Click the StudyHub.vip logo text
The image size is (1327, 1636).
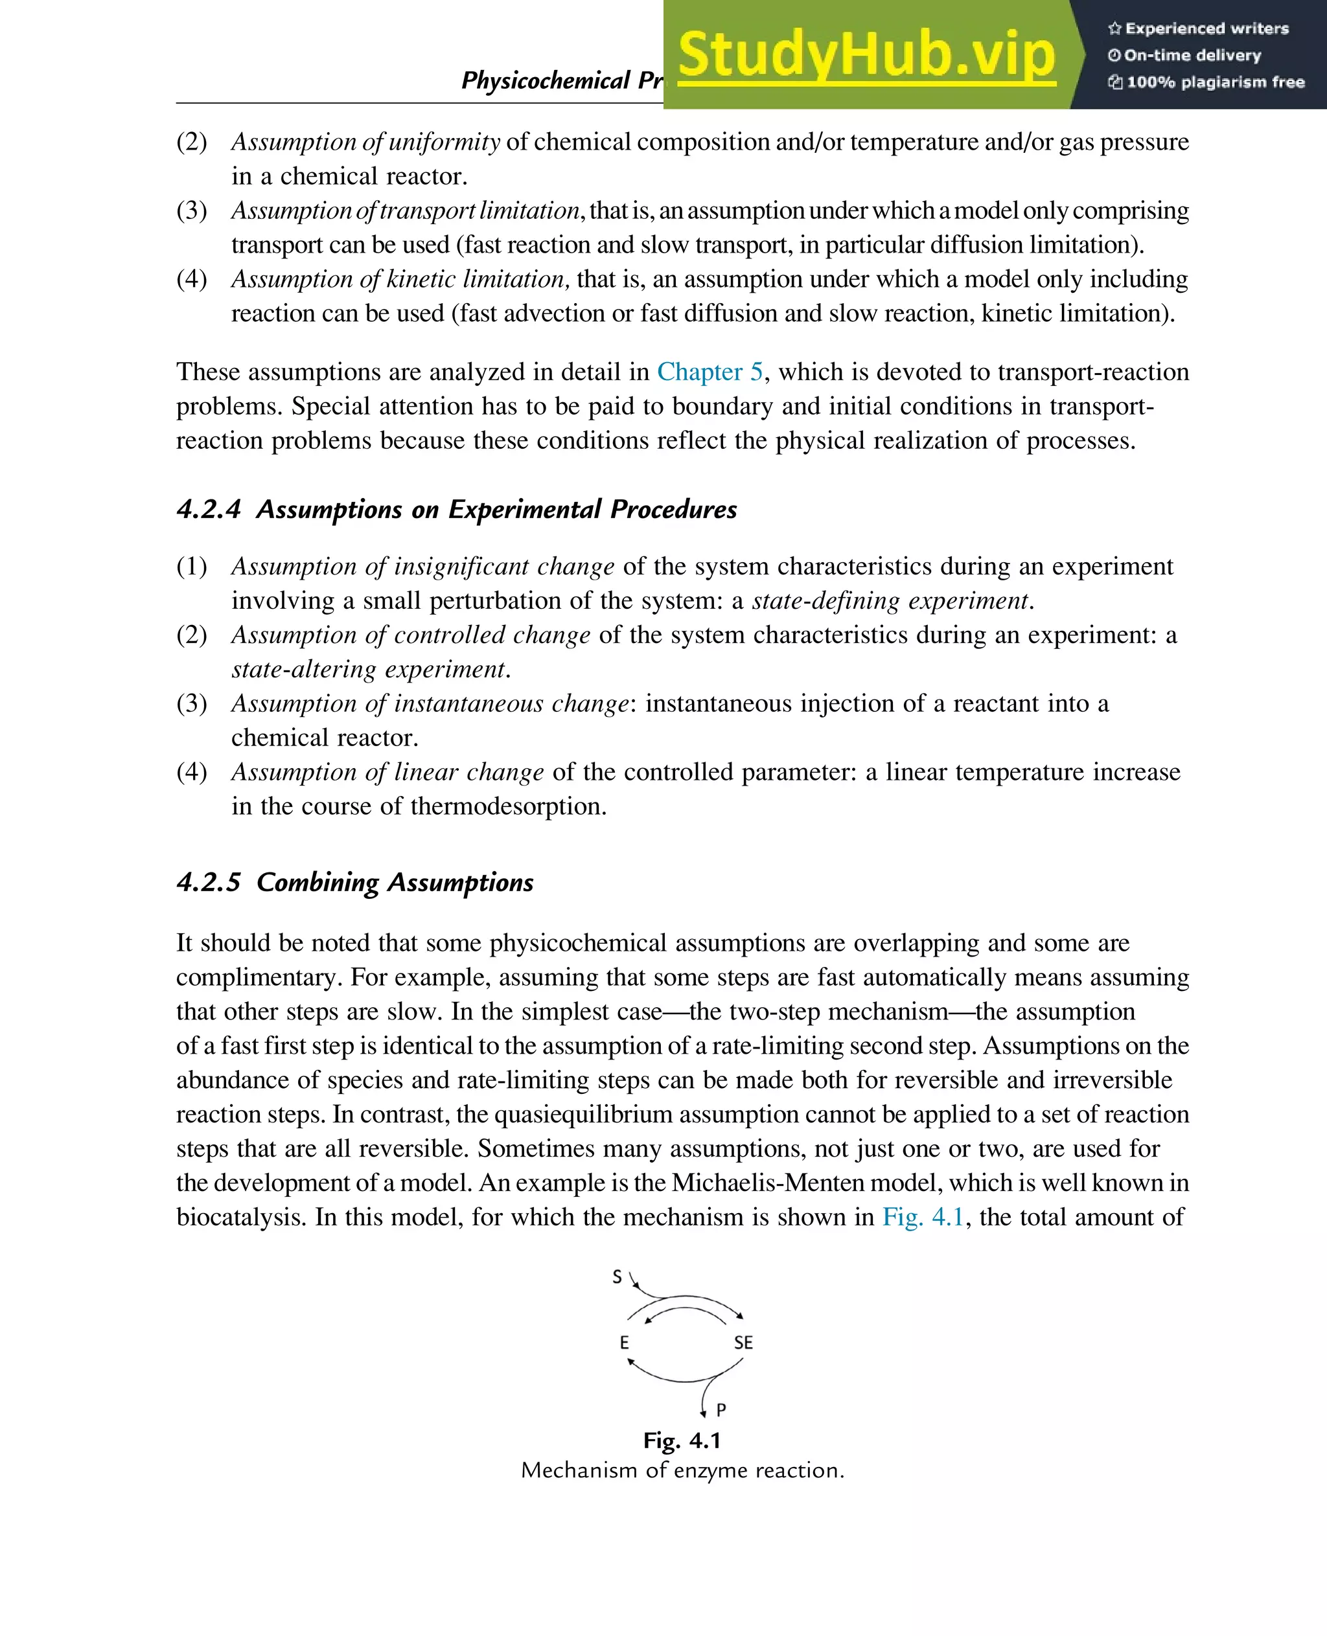[866, 55]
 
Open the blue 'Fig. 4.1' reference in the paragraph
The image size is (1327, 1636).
[923, 1216]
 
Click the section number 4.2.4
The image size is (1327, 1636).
[209, 509]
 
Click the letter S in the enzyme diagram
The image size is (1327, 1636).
[617, 1276]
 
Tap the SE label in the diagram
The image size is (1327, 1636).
[743, 1343]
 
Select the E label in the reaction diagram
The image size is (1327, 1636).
[625, 1343]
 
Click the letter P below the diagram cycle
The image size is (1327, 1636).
[721, 1410]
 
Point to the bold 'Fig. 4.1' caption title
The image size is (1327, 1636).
[682, 1440]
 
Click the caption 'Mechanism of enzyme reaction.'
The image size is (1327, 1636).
[682, 1470]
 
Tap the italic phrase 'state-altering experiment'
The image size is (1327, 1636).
[369, 670]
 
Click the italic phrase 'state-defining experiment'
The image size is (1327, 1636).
[890, 600]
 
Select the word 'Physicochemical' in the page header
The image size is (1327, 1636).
[546, 80]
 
